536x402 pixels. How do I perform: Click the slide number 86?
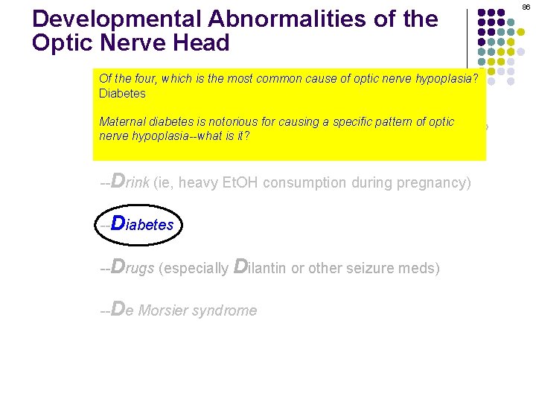pyautogui.click(x=526, y=6)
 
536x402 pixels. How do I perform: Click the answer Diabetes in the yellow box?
pyautogui.click(x=122, y=94)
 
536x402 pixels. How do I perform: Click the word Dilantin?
pyautogui.click(x=261, y=268)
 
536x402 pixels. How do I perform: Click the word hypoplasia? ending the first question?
pyautogui.click(x=452, y=79)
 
